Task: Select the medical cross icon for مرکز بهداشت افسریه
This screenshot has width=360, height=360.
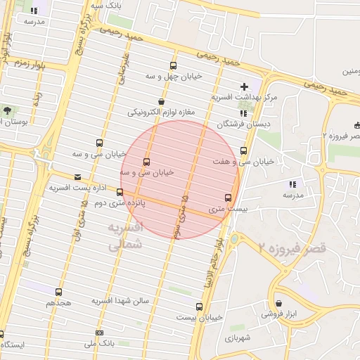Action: coord(244,86)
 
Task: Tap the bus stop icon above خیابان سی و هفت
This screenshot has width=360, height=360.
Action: coord(244,150)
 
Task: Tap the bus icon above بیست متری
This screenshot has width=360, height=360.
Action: coord(228,198)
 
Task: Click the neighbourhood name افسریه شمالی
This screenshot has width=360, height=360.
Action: coord(127,237)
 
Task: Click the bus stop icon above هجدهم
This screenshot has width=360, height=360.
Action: coord(58,291)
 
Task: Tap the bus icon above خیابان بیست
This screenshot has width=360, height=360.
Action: coord(199,307)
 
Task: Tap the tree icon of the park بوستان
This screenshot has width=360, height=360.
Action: coord(7,110)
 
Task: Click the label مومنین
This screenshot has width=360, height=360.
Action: coord(350,71)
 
